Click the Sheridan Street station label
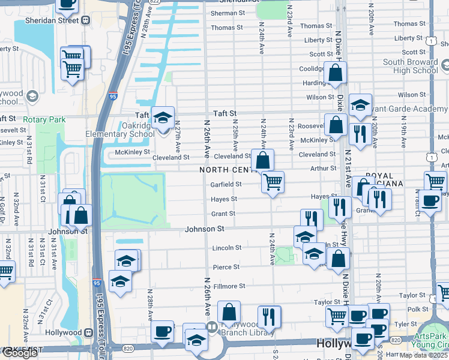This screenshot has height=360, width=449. pos(53,20)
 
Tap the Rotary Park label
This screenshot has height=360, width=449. pos(44,119)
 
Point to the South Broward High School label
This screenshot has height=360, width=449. pos(411,66)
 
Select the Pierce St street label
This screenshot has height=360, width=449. pos(226,267)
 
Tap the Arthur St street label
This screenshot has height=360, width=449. pos(325,169)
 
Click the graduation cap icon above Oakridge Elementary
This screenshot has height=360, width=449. pos(162,117)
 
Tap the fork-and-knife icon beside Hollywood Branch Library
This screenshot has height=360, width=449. pos(269,316)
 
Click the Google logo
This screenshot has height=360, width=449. pos(19,353)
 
